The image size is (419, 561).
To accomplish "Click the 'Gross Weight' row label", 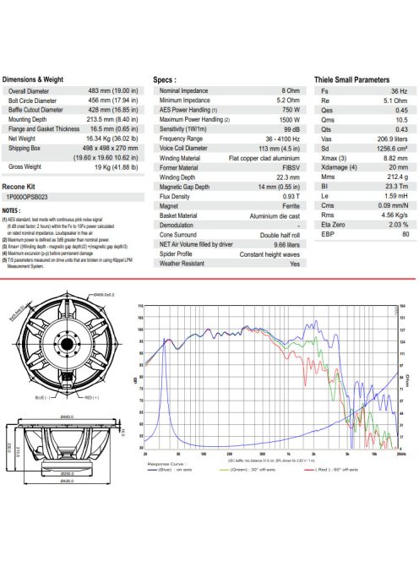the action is pyautogui.click(x=27, y=167).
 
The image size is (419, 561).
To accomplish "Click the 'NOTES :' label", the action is pyautogui.click(x=12, y=210).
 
